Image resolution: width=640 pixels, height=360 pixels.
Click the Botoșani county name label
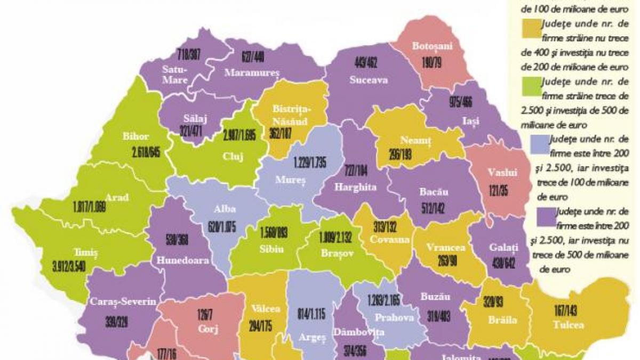tap(432, 46)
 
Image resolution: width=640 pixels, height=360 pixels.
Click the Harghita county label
tap(356, 187)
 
